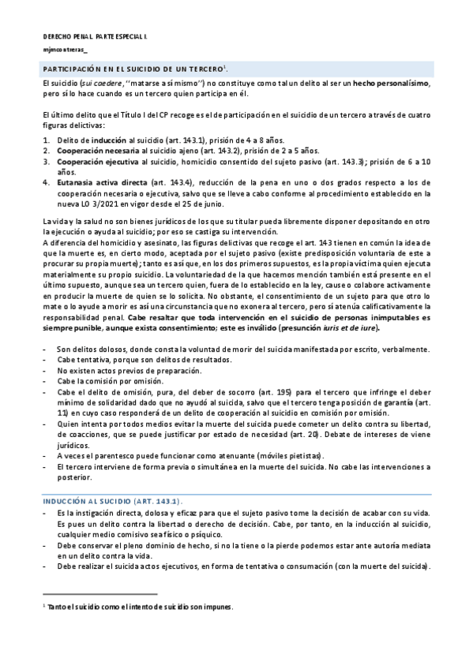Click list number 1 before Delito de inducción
[x=45, y=138]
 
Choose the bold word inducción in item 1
[x=105, y=138]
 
